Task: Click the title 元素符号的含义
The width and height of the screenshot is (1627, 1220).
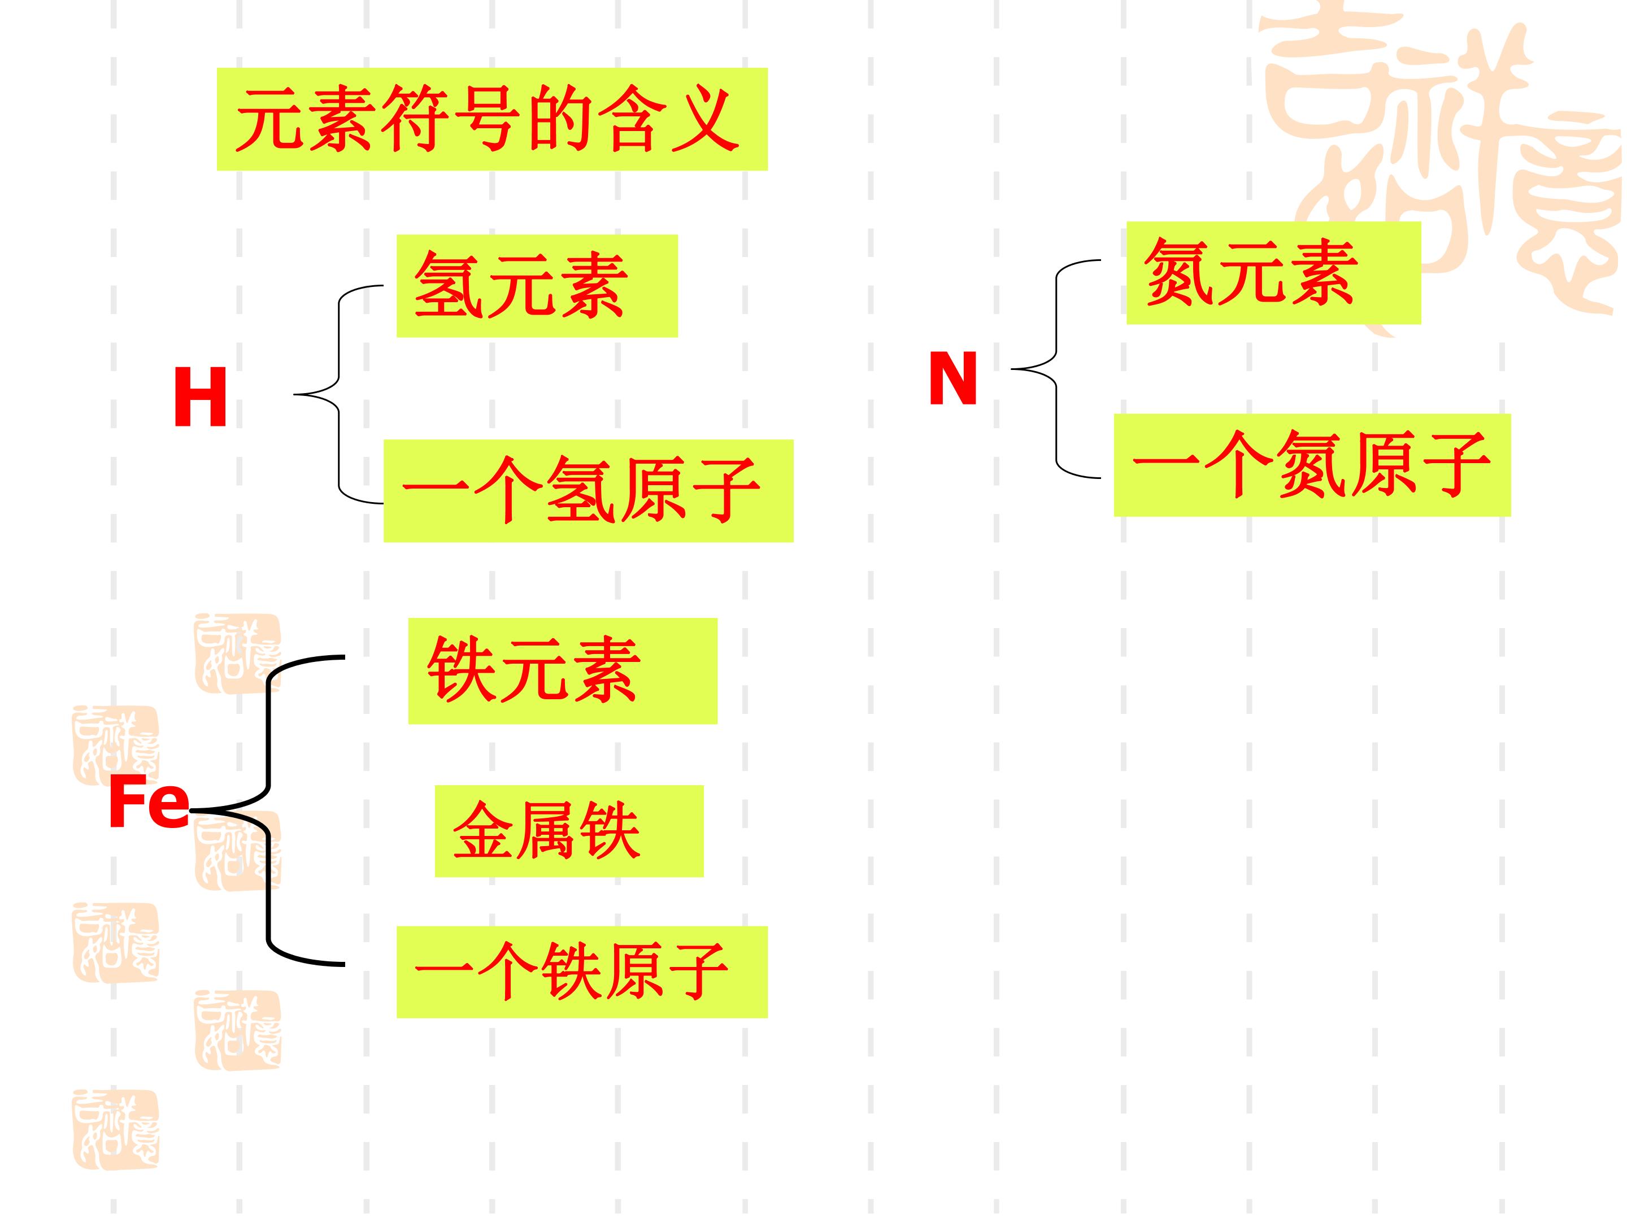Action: [492, 119]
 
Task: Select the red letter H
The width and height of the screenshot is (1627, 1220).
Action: [200, 398]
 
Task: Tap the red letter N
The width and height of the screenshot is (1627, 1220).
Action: [953, 379]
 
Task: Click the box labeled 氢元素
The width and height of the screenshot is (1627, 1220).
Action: [537, 286]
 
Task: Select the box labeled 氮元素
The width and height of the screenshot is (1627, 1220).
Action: [1274, 273]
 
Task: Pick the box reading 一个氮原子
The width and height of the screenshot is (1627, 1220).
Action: [1312, 465]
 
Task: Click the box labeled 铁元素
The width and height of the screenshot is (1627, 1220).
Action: [563, 670]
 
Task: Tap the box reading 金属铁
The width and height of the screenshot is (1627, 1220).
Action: [569, 831]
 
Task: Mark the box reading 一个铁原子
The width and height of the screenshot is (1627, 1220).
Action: [582, 972]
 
